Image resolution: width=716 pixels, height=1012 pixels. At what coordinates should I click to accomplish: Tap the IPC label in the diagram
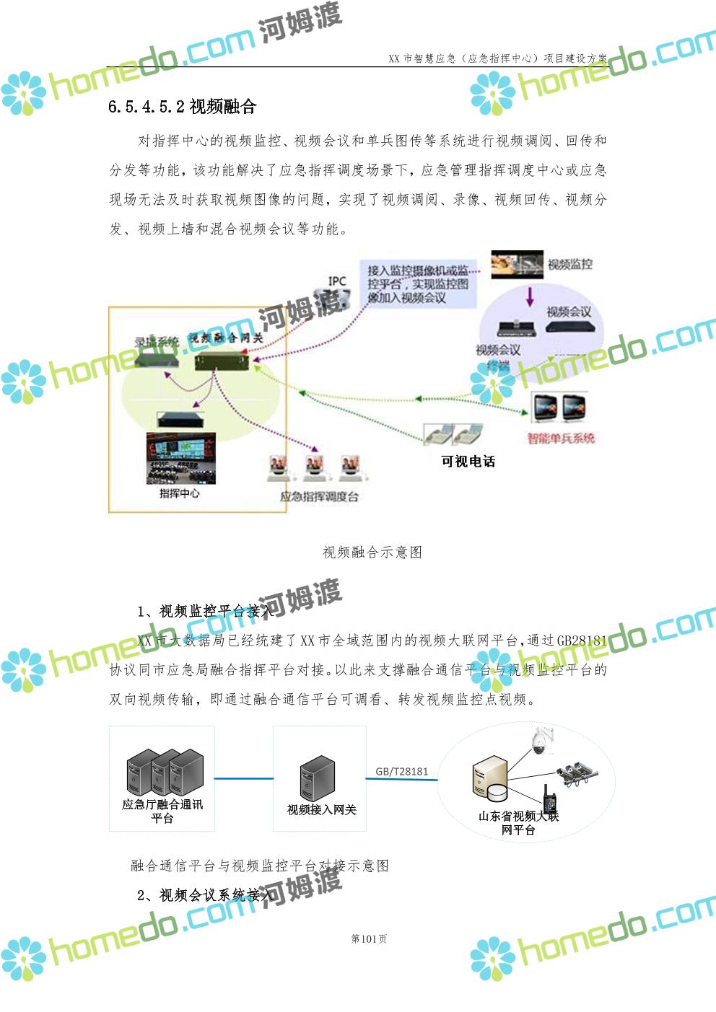tap(337, 281)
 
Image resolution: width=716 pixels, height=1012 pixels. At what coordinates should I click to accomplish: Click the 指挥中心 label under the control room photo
tap(179, 493)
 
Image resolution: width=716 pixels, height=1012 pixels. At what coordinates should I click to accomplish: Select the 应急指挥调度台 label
tap(319, 497)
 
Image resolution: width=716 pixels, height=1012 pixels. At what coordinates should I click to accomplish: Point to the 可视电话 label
tap(468, 462)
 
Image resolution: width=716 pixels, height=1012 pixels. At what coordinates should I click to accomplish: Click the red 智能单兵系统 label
tap(561, 439)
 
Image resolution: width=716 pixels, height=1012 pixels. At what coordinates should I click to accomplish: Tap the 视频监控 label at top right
tap(569, 265)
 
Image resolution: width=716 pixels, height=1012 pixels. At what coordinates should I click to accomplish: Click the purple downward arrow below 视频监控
tap(530, 296)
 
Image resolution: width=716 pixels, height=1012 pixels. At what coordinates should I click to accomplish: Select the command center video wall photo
tap(180, 459)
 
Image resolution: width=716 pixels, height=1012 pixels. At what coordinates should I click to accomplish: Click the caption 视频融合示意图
tap(372, 553)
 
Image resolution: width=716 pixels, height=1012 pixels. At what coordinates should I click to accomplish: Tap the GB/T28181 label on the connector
tap(401, 771)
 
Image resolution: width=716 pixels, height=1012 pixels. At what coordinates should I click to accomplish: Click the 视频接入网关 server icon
tap(318, 778)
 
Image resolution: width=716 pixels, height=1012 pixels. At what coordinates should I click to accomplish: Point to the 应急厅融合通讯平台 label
tap(162, 811)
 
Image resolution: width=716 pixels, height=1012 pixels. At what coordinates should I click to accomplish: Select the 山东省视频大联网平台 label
tap(518, 823)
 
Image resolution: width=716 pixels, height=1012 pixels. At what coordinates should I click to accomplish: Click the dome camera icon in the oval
tap(538, 741)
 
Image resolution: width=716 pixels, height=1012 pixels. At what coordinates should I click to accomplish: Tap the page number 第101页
tap(369, 938)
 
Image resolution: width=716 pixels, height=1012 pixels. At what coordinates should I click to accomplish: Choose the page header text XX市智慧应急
tap(497, 58)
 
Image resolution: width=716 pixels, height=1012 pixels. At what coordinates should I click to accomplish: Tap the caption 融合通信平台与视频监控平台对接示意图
tap(260, 866)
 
